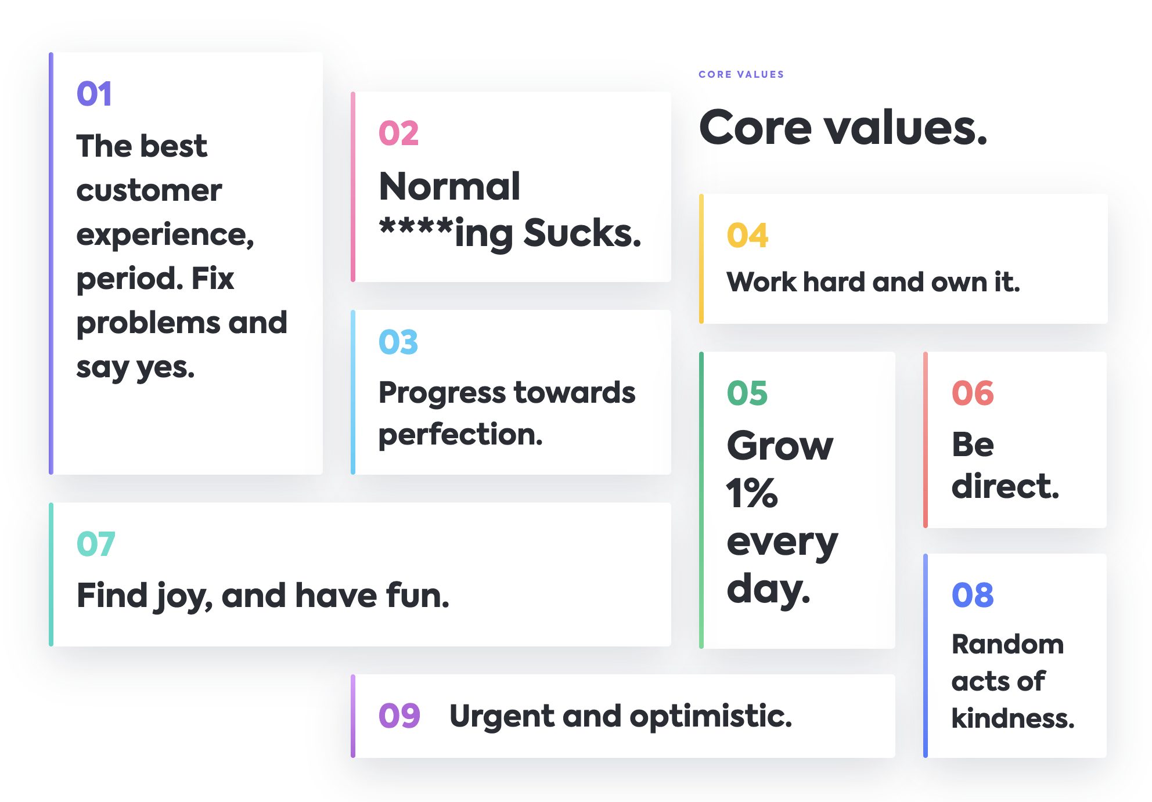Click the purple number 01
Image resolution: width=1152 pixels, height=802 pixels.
point(93,94)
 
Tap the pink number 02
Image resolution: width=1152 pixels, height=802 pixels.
point(398,133)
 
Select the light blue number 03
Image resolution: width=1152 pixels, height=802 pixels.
point(398,342)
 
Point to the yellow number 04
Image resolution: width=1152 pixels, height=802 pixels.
point(747,236)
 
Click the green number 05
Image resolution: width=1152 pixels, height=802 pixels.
point(747,393)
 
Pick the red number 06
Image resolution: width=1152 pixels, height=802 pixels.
point(973,393)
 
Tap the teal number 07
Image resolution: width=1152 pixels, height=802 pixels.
point(96,544)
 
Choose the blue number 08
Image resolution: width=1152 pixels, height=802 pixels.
point(973,595)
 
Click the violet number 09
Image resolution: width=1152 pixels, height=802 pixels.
point(399,716)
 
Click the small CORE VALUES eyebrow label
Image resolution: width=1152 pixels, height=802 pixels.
point(741,74)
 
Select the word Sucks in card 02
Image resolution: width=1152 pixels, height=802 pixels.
point(582,233)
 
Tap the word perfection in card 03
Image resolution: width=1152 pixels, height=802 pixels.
point(460,435)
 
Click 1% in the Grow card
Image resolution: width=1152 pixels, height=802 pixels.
point(752,493)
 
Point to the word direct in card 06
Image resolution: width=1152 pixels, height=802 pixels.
point(1005,486)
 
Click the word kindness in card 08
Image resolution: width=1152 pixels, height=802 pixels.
point(1013,718)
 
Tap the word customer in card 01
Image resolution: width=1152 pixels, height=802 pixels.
point(149,191)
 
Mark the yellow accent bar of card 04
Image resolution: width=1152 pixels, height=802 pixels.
point(701,259)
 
